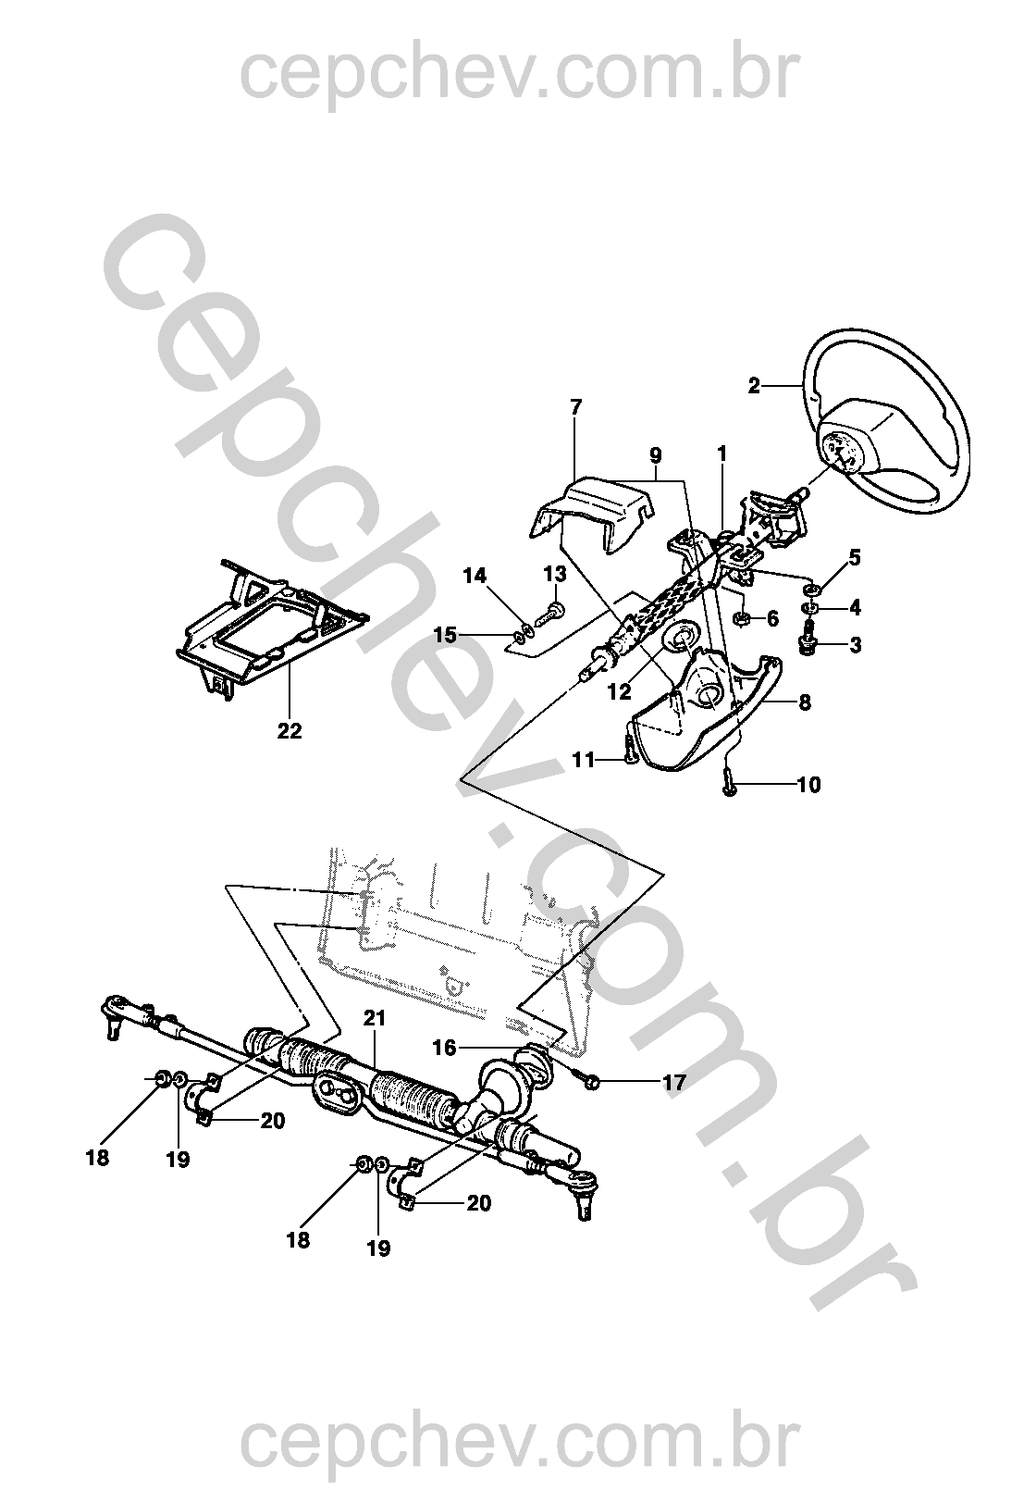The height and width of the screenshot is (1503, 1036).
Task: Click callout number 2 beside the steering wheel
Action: click(x=755, y=386)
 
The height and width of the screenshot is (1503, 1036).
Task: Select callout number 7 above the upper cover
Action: click(x=576, y=406)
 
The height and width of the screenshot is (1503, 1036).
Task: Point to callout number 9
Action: click(x=655, y=455)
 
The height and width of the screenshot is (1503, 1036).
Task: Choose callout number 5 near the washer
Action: click(x=855, y=557)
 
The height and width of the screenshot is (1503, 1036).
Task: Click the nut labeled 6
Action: click(x=742, y=618)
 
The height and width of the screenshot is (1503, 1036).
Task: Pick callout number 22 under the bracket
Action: click(x=290, y=731)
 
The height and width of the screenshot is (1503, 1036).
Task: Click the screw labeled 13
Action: click(x=552, y=611)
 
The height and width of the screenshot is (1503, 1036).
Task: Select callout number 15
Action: click(x=445, y=635)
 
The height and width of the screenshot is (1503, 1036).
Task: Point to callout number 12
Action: click(x=619, y=691)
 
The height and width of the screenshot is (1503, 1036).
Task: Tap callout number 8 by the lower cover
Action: click(x=805, y=702)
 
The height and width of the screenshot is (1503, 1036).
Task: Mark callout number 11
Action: click(x=584, y=760)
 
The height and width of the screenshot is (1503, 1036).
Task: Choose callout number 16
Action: click(x=444, y=1048)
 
